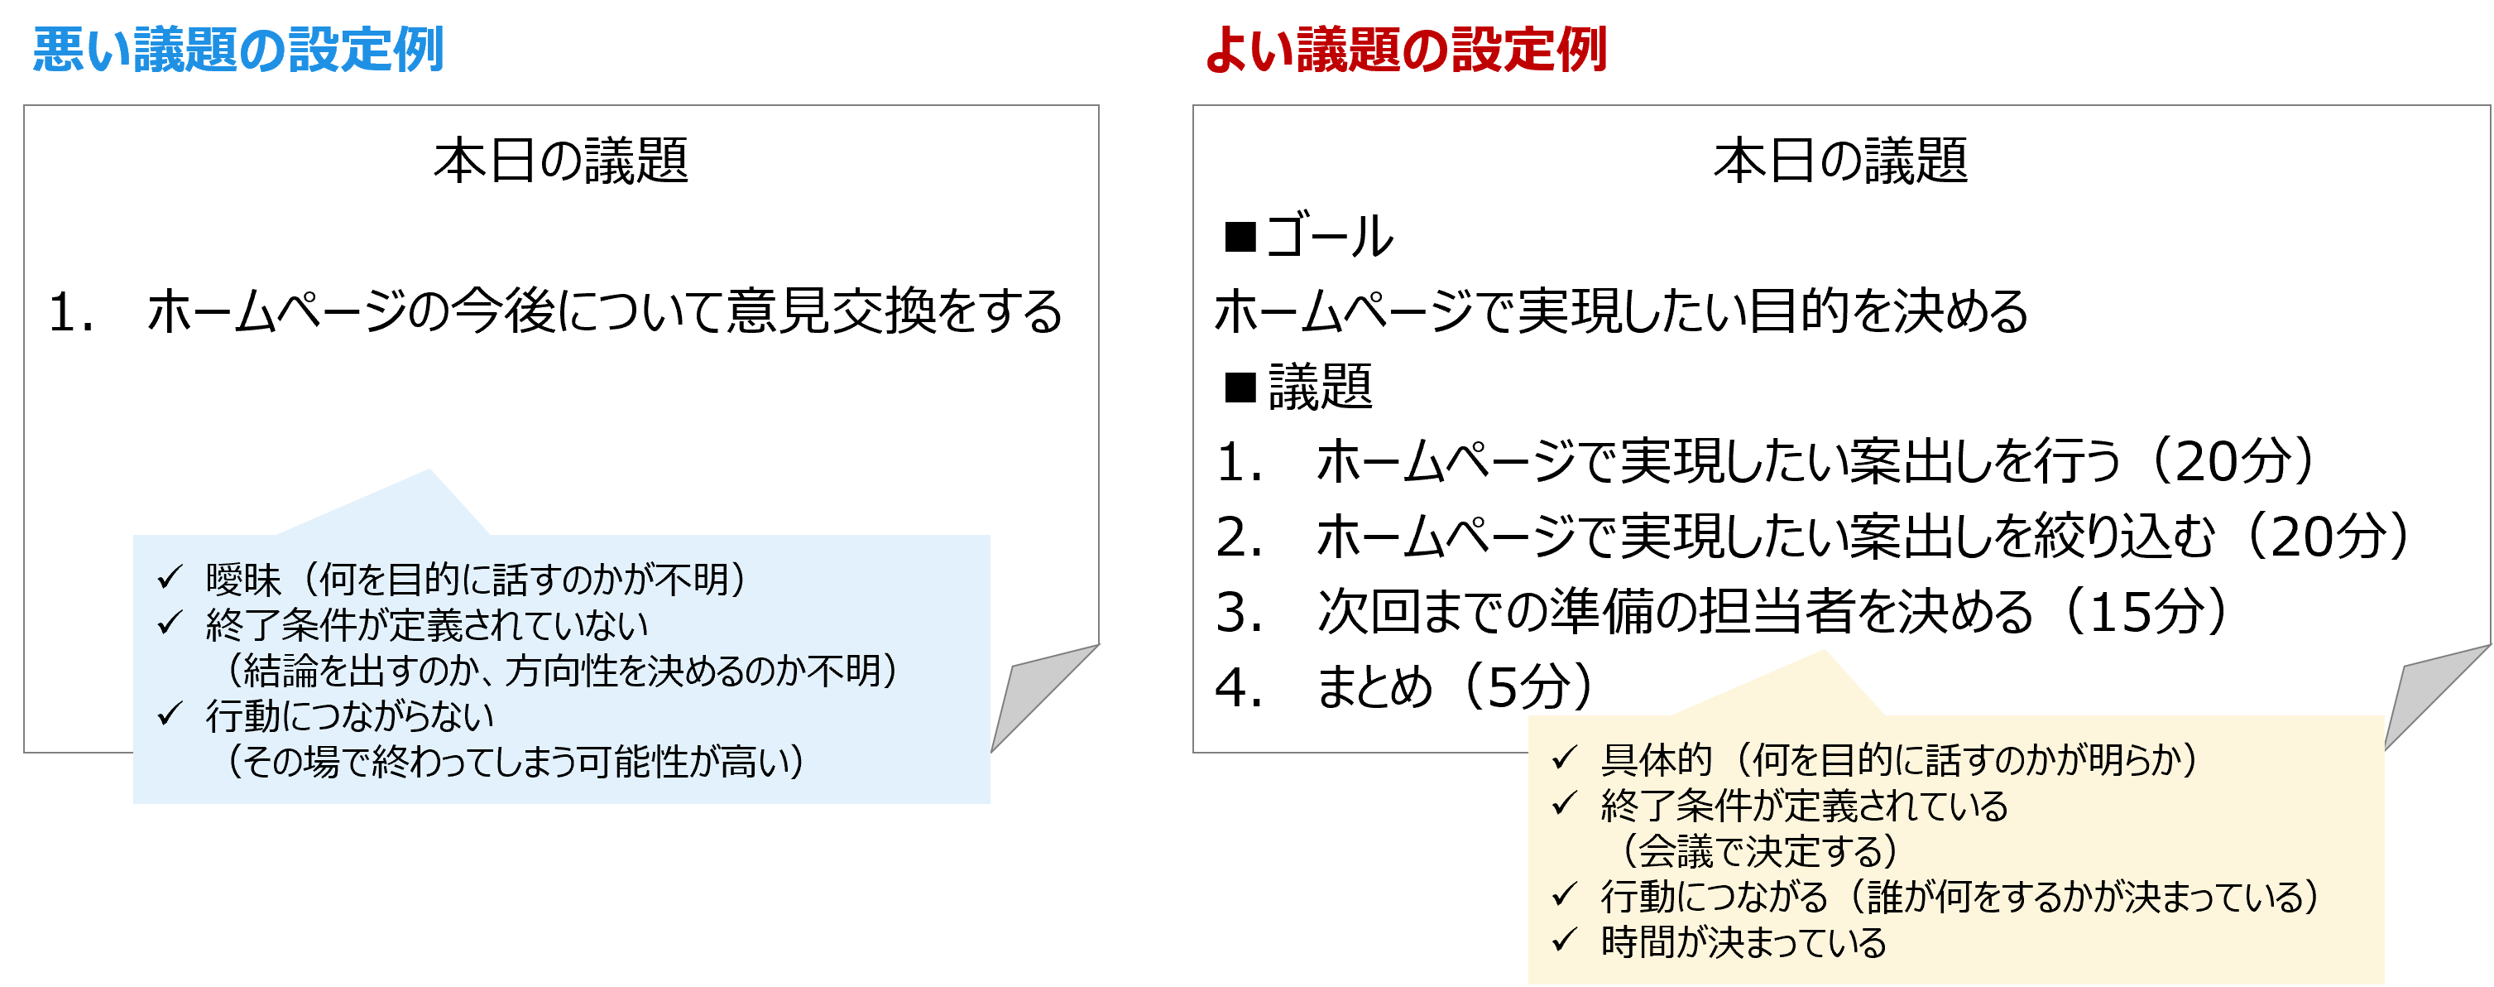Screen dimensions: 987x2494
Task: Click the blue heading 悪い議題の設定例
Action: pos(238,51)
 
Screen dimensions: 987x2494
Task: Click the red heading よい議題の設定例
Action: pos(1406,51)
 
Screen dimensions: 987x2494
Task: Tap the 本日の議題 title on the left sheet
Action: pos(560,161)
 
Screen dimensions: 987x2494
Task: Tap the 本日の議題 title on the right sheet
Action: pos(1839,161)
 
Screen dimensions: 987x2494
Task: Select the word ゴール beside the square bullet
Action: pos(1329,236)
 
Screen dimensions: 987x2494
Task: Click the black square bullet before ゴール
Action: pos(1240,236)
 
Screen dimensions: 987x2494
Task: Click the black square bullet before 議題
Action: pos(1240,388)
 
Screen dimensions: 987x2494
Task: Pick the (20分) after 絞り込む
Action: pos(2328,537)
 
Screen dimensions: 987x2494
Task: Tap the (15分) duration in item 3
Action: pos(2146,612)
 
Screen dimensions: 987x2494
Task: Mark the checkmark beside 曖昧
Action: pos(170,578)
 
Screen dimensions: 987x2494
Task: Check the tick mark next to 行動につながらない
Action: pos(170,715)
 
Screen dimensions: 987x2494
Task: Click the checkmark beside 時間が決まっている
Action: pos(1565,941)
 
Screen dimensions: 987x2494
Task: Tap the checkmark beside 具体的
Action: pos(1565,758)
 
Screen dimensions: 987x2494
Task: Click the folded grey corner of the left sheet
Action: pos(1036,692)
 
